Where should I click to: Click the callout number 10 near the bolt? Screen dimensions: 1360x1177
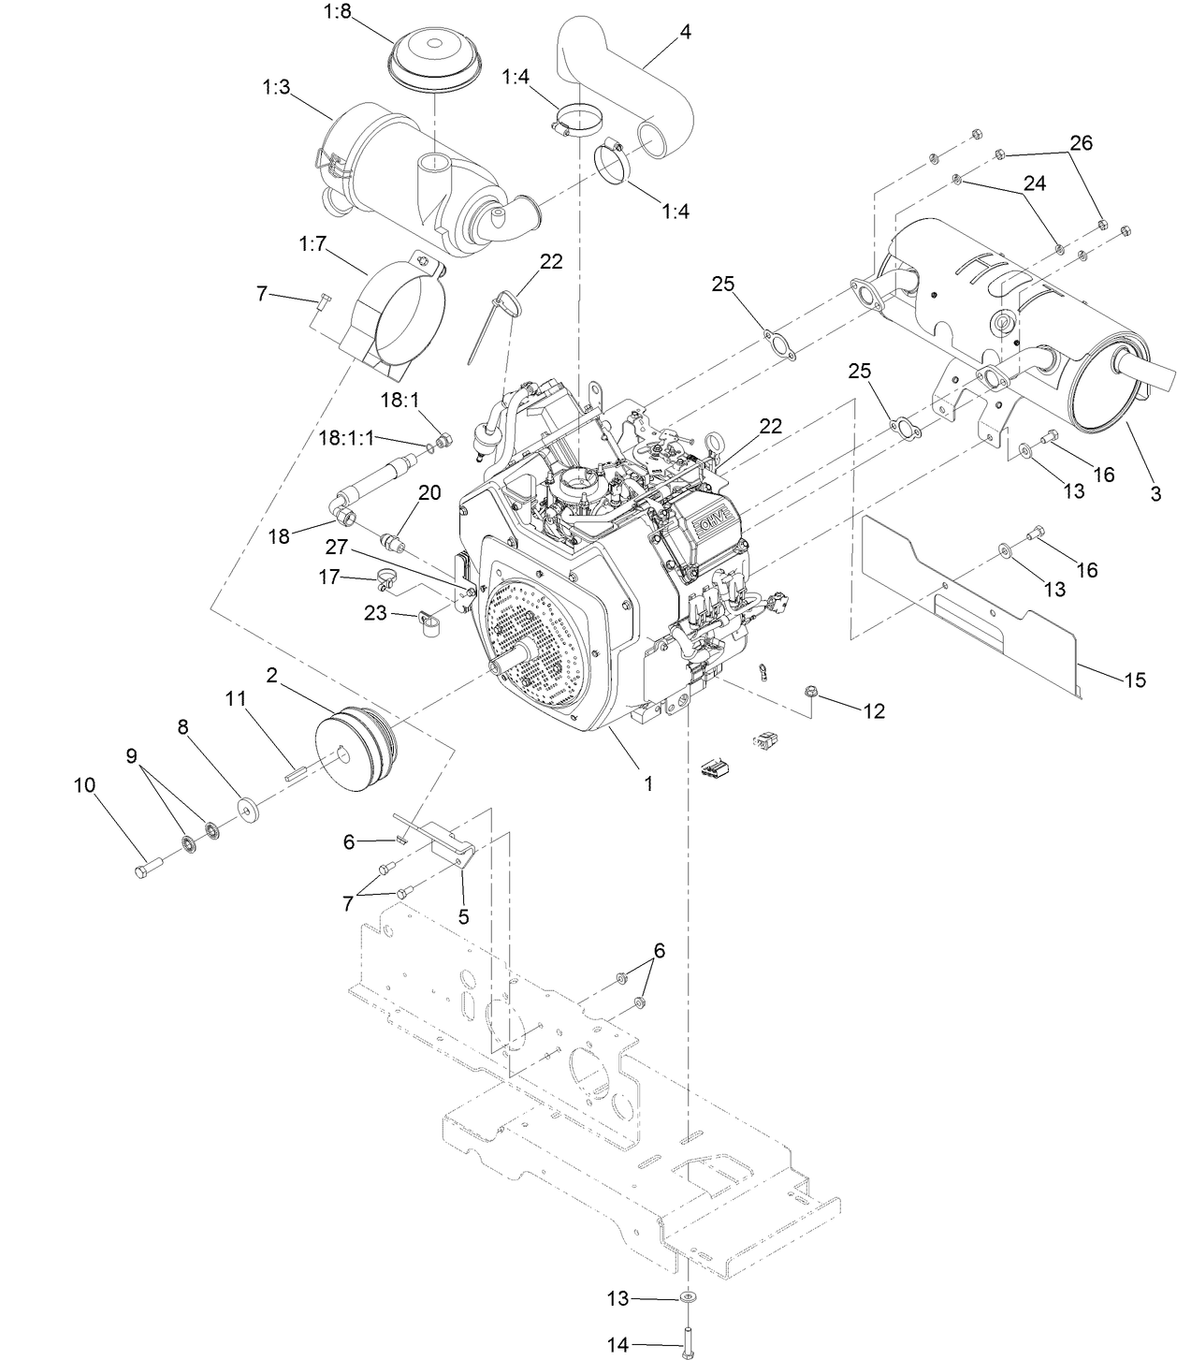pyautogui.click(x=84, y=785)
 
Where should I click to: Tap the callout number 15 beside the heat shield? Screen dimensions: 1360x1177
pyautogui.click(x=1134, y=680)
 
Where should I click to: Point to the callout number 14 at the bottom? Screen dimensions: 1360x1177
pyautogui.click(x=618, y=1344)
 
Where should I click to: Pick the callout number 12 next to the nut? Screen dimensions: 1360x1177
pyautogui.click(x=873, y=711)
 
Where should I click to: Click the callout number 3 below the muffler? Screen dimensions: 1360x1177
pyautogui.click(x=1155, y=493)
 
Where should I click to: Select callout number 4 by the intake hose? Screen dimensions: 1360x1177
pyautogui.click(x=685, y=32)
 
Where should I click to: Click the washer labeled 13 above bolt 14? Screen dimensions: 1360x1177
pyautogui.click(x=688, y=1297)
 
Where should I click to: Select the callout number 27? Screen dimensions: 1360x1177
pyautogui.click(x=336, y=547)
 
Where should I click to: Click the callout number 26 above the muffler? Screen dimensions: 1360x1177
pyautogui.click(x=1081, y=143)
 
